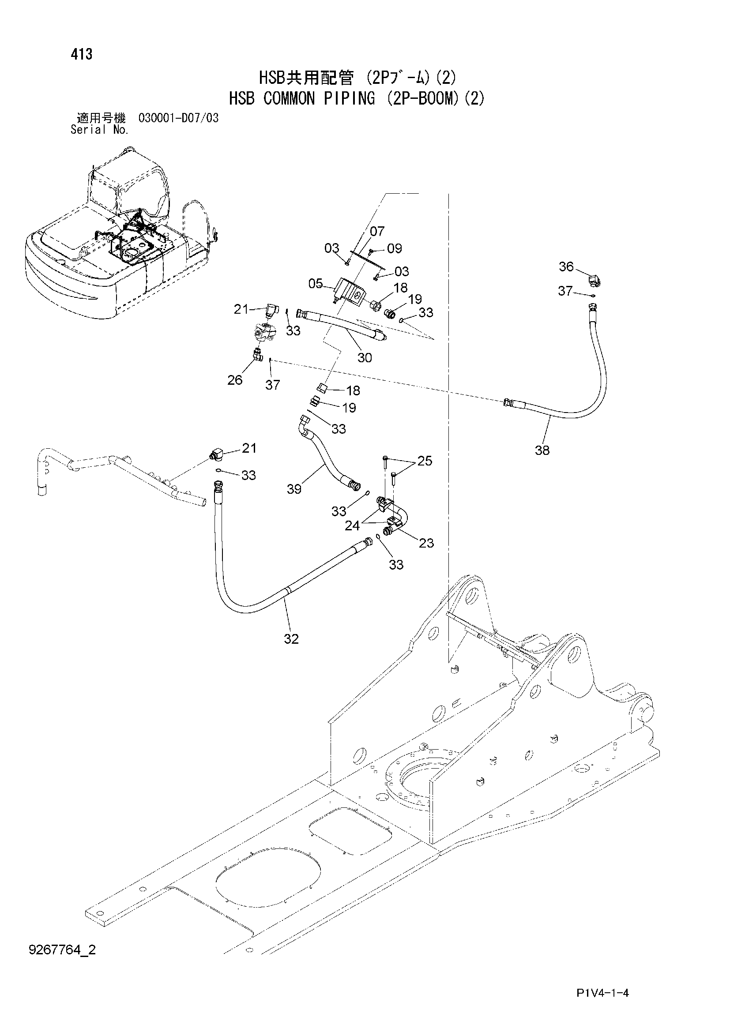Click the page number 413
tap(81, 54)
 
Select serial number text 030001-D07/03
tap(178, 118)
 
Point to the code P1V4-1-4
tap(602, 993)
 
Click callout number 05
tap(316, 284)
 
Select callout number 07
tap(377, 231)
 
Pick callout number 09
tap(394, 248)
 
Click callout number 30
tap(365, 358)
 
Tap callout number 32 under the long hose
tap(291, 639)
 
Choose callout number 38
tap(542, 450)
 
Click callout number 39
tap(294, 489)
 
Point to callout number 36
tap(566, 266)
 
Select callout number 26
tap(235, 380)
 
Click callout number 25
tap(425, 461)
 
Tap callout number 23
tap(426, 543)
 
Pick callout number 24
tap(352, 525)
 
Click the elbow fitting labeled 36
tap(595, 281)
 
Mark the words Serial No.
tap(100, 130)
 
